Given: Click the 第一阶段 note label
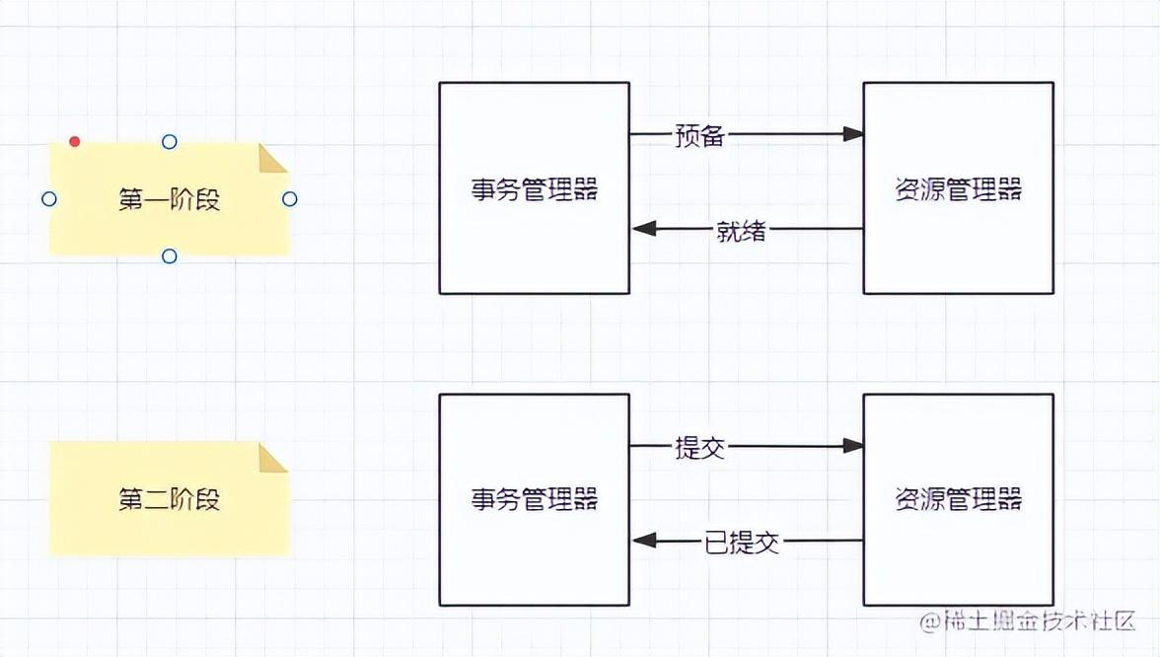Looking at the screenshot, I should coord(169,200).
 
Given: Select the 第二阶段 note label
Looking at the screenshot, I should coord(169,499).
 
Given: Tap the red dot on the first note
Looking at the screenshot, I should coord(74,142).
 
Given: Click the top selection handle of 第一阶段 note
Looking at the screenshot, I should coord(169,142).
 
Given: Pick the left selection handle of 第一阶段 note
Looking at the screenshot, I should coord(49,199).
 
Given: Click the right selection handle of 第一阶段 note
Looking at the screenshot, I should coord(289,199).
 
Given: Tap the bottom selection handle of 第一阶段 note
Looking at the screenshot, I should coord(169,256).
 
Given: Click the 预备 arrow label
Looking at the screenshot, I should coord(699,135).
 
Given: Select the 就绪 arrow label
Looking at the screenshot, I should coord(741,231).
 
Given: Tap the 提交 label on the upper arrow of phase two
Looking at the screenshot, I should coord(699,447).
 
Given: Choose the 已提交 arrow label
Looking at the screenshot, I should coord(742,542).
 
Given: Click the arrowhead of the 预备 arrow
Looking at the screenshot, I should coord(853,134).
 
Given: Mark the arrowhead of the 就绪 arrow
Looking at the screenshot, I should coord(643,229).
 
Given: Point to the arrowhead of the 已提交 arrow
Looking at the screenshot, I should coord(643,540).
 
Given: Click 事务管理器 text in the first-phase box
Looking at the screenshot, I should coord(534,189).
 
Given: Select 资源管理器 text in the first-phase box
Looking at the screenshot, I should coord(958,189).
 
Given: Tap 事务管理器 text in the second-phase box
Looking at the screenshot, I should coord(534,499).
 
